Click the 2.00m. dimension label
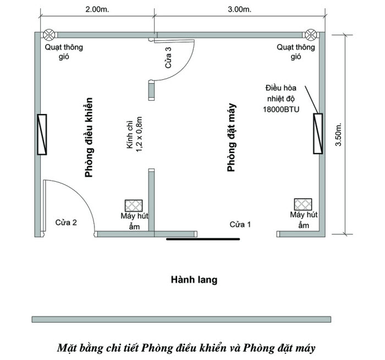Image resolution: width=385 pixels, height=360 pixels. pyautogui.click(x=97, y=9)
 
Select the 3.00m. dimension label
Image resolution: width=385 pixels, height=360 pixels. pyautogui.click(x=239, y=9)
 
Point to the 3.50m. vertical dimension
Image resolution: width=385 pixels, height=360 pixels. pyautogui.click(x=339, y=134)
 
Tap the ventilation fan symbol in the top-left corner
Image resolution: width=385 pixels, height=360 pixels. pyautogui.click(x=49, y=35)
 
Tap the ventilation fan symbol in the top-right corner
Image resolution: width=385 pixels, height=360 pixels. pyautogui.click(x=311, y=35)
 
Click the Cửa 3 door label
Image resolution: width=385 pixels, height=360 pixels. pyautogui.click(x=168, y=57)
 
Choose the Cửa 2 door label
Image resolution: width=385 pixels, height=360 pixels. pyautogui.click(x=66, y=222)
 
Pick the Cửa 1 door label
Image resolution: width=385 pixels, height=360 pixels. pyautogui.click(x=240, y=225)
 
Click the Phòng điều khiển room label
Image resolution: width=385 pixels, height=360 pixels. pyautogui.click(x=89, y=138)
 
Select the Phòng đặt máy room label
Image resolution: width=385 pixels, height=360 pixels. pyautogui.click(x=232, y=138)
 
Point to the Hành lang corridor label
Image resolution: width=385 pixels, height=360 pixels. pyautogui.click(x=194, y=280)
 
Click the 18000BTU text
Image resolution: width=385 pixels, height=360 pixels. pyautogui.click(x=281, y=110)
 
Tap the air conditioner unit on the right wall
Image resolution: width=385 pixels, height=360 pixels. pyautogui.click(x=318, y=134)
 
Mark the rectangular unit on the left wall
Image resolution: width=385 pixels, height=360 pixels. pyautogui.click(x=42, y=134)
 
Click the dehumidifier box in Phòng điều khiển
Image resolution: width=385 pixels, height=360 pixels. pyautogui.click(x=134, y=206)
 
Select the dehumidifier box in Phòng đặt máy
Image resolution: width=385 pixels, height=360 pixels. pyautogui.click(x=303, y=204)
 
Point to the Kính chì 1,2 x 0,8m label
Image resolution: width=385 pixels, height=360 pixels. pyautogui.click(x=134, y=134)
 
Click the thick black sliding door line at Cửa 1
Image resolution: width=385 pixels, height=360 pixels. pyautogui.click(x=203, y=239)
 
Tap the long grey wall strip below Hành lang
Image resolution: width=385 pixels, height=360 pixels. pyautogui.click(x=182, y=319)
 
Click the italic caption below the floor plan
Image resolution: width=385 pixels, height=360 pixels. pyautogui.click(x=186, y=348)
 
